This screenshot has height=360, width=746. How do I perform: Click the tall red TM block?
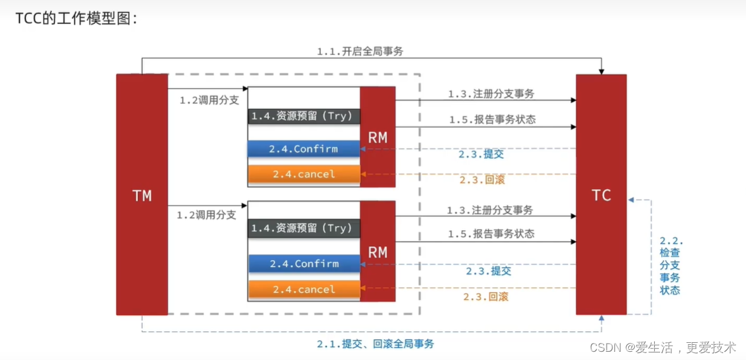coord(142,195)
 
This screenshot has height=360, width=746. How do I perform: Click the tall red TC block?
coord(600,195)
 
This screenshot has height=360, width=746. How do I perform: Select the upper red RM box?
coord(378,137)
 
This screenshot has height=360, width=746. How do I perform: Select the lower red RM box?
coord(378,251)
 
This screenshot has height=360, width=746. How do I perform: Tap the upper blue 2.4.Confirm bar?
coord(304,149)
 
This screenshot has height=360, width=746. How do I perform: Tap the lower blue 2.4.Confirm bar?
coord(304,264)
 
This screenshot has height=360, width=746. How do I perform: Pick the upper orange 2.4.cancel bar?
coord(304,174)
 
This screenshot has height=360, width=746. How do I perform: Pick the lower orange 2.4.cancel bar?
coord(304,289)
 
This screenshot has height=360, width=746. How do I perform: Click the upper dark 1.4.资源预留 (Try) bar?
coord(304,116)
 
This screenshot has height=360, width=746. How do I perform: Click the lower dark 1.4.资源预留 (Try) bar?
coord(304,228)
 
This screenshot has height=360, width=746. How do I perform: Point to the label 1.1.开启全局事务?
coord(360,52)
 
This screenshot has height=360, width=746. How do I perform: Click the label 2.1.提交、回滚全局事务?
coord(375,344)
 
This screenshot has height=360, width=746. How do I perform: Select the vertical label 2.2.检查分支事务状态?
coord(671,266)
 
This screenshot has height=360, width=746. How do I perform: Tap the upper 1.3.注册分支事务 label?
coord(491,94)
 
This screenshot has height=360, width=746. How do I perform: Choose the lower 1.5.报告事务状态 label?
coord(491,234)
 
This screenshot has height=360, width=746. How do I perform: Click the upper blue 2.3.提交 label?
coord(481,154)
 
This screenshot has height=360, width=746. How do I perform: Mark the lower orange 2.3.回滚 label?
coord(485,296)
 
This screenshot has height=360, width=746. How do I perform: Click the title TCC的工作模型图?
coord(76,18)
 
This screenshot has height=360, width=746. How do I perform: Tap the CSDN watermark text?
coord(663,347)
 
